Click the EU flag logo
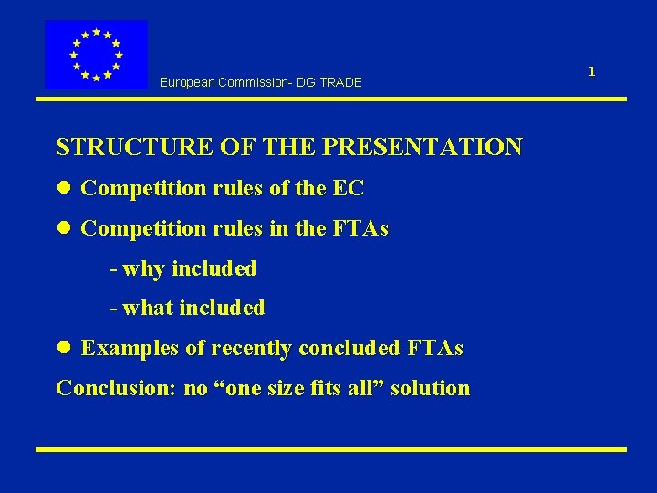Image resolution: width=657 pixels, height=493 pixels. click(x=96, y=55)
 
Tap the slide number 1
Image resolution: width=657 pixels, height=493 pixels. click(x=592, y=70)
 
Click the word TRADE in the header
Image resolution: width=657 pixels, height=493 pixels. click(x=342, y=83)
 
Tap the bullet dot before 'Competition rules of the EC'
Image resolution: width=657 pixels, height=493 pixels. click(x=64, y=189)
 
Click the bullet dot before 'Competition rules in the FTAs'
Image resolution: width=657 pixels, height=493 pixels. click(x=64, y=229)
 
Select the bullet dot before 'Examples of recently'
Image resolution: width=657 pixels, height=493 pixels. click(x=64, y=349)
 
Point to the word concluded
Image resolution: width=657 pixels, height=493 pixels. click(x=351, y=349)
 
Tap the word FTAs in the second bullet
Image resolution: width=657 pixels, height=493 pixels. click(x=364, y=229)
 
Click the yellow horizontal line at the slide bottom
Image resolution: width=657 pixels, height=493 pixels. click(x=331, y=449)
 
